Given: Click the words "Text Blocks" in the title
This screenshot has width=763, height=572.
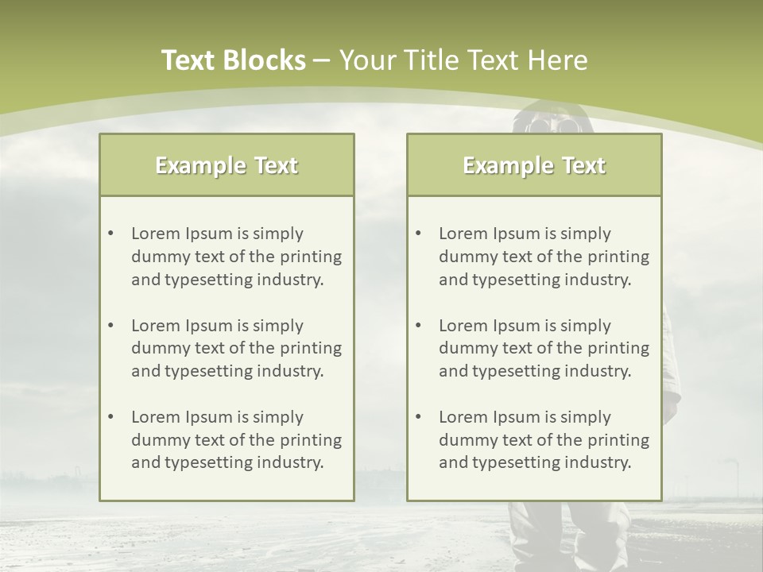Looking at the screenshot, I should (x=233, y=60).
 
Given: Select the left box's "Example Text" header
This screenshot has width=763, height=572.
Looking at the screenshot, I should (x=227, y=165).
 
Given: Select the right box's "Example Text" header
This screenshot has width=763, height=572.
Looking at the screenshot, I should (x=534, y=165).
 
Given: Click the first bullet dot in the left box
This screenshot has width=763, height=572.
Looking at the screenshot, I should (x=111, y=234).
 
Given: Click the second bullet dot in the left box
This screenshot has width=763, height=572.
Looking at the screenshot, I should (x=111, y=326).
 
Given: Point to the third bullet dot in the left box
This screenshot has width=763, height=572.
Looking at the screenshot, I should (x=111, y=417).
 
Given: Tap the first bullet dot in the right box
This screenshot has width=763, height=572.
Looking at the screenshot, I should (x=419, y=234).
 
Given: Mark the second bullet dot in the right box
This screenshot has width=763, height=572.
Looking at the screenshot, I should (x=419, y=326).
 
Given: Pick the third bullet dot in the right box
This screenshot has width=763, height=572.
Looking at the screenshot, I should (x=419, y=417).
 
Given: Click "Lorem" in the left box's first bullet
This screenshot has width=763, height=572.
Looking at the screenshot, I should (x=155, y=234).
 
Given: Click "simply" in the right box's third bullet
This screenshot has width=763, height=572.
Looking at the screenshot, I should (x=586, y=417).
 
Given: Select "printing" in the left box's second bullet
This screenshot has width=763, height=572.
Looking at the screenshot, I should (x=312, y=349).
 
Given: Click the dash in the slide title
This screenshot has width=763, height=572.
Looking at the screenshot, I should (x=322, y=60).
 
